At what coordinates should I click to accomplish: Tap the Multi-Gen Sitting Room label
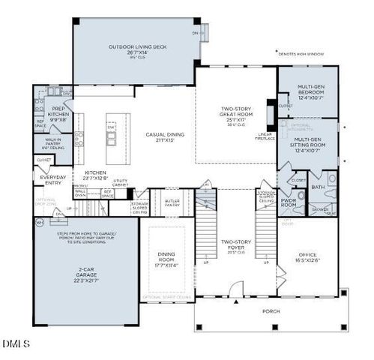coord(310,145)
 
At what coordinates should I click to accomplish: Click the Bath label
coord(318,187)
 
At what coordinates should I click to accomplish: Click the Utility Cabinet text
coord(121,181)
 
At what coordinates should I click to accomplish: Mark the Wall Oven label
coord(80,193)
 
